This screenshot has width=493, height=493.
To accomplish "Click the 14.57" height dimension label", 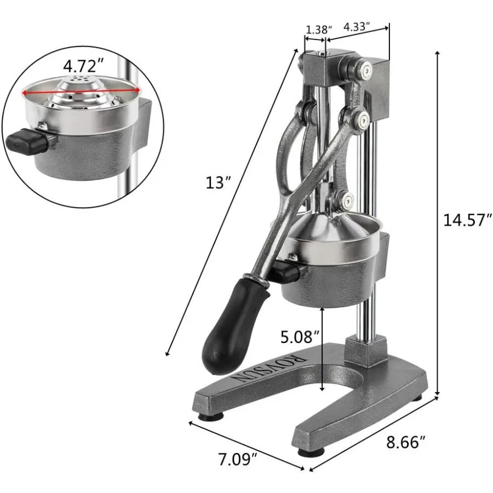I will click(x=465, y=220).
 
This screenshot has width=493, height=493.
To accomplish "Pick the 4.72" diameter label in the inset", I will click(x=83, y=66).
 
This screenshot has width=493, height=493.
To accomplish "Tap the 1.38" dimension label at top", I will click(x=316, y=30).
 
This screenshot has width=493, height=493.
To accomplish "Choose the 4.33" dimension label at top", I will click(x=357, y=26).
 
